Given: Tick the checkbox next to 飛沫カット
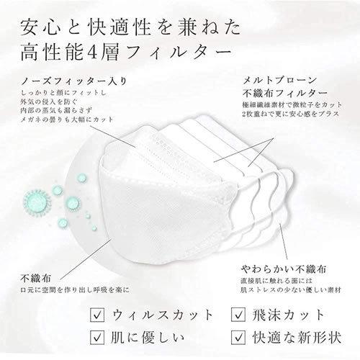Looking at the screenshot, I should click(x=238, y=315).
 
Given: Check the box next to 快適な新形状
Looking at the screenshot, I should click(x=238, y=337).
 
